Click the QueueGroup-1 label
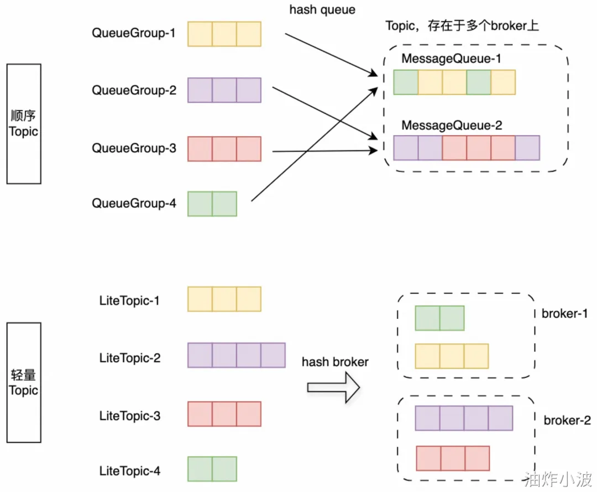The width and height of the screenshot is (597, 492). click(x=133, y=33)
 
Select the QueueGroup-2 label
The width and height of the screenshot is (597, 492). click(x=133, y=90)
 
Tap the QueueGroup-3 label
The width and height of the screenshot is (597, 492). click(x=133, y=148)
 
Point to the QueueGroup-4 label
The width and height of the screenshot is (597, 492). click(x=133, y=204)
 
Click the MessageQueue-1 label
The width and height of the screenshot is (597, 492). click(x=447, y=59)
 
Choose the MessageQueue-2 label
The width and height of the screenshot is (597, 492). click(x=452, y=126)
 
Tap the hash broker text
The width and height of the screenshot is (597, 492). click(x=335, y=362)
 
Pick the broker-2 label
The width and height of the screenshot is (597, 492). click(x=567, y=421)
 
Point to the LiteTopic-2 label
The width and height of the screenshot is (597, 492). click(x=130, y=358)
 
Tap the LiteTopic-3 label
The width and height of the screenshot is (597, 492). click(x=130, y=415)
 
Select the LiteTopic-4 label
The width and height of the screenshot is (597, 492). click(x=130, y=472)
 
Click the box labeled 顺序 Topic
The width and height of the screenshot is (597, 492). click(x=24, y=123)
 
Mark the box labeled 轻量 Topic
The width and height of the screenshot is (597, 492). click(x=24, y=382)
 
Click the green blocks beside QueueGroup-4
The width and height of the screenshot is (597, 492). click(x=212, y=204)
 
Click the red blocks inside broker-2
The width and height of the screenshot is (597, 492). click(x=453, y=459)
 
